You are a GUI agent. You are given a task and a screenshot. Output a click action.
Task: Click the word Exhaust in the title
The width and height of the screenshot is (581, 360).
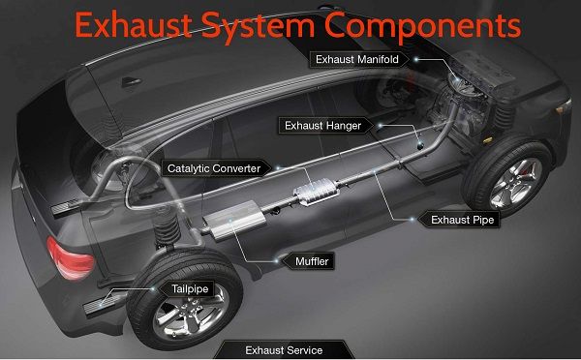click(126, 23)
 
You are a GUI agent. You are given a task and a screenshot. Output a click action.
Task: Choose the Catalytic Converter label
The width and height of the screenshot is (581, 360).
click(213, 167)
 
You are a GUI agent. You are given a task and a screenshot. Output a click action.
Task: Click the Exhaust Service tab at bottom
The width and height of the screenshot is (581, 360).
click(284, 349)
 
